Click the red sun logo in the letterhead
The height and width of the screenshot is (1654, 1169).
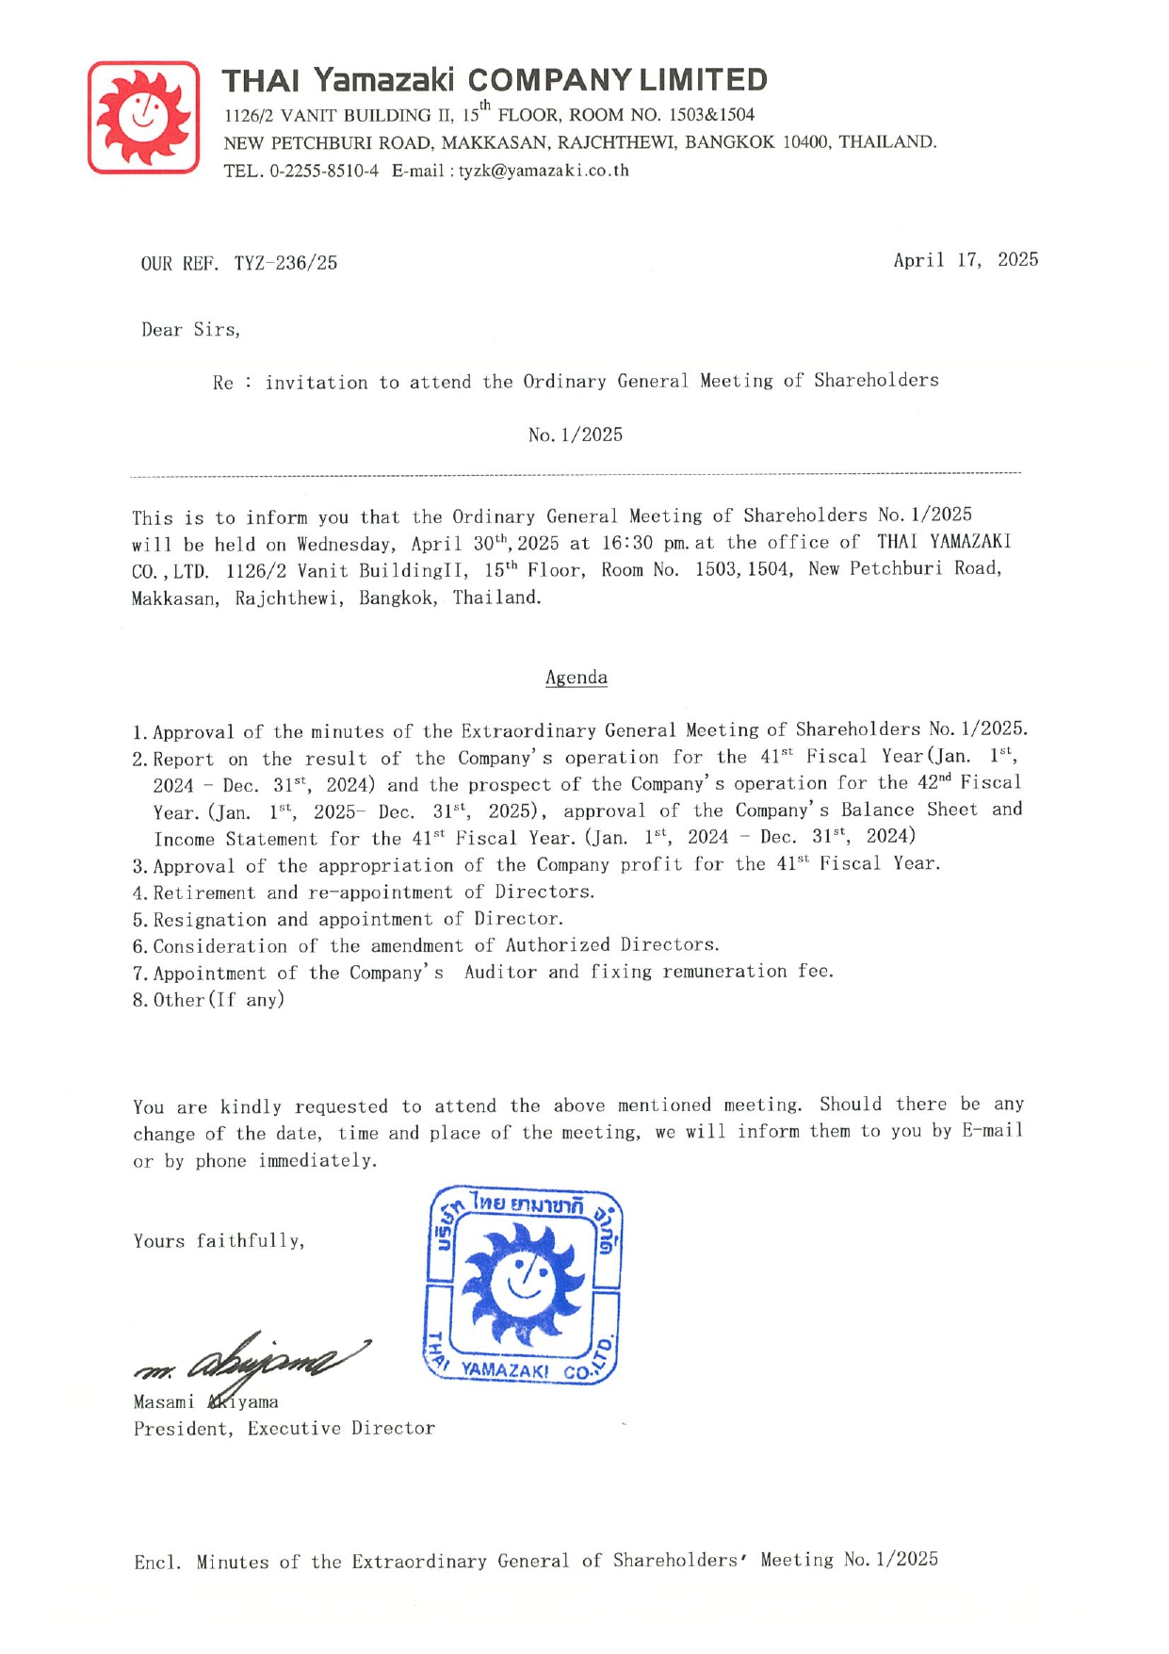[x=143, y=117]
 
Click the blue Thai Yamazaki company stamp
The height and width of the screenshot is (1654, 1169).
[x=523, y=1285]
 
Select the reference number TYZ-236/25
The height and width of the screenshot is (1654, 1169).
[x=285, y=263]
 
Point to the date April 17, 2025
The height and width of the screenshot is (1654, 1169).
[x=965, y=260]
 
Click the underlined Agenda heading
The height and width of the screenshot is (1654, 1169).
[x=576, y=678]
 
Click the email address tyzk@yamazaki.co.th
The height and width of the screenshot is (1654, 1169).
[x=544, y=171]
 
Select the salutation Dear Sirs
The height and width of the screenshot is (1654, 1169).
[x=190, y=330]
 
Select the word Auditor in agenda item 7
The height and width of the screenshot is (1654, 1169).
[x=500, y=972]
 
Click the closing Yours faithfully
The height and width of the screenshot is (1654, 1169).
[x=219, y=1241]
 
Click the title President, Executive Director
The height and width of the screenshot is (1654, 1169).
[x=284, y=1429]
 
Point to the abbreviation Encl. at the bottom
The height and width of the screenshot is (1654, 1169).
[x=156, y=1562]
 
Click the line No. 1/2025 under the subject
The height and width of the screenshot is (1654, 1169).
[x=575, y=434]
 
